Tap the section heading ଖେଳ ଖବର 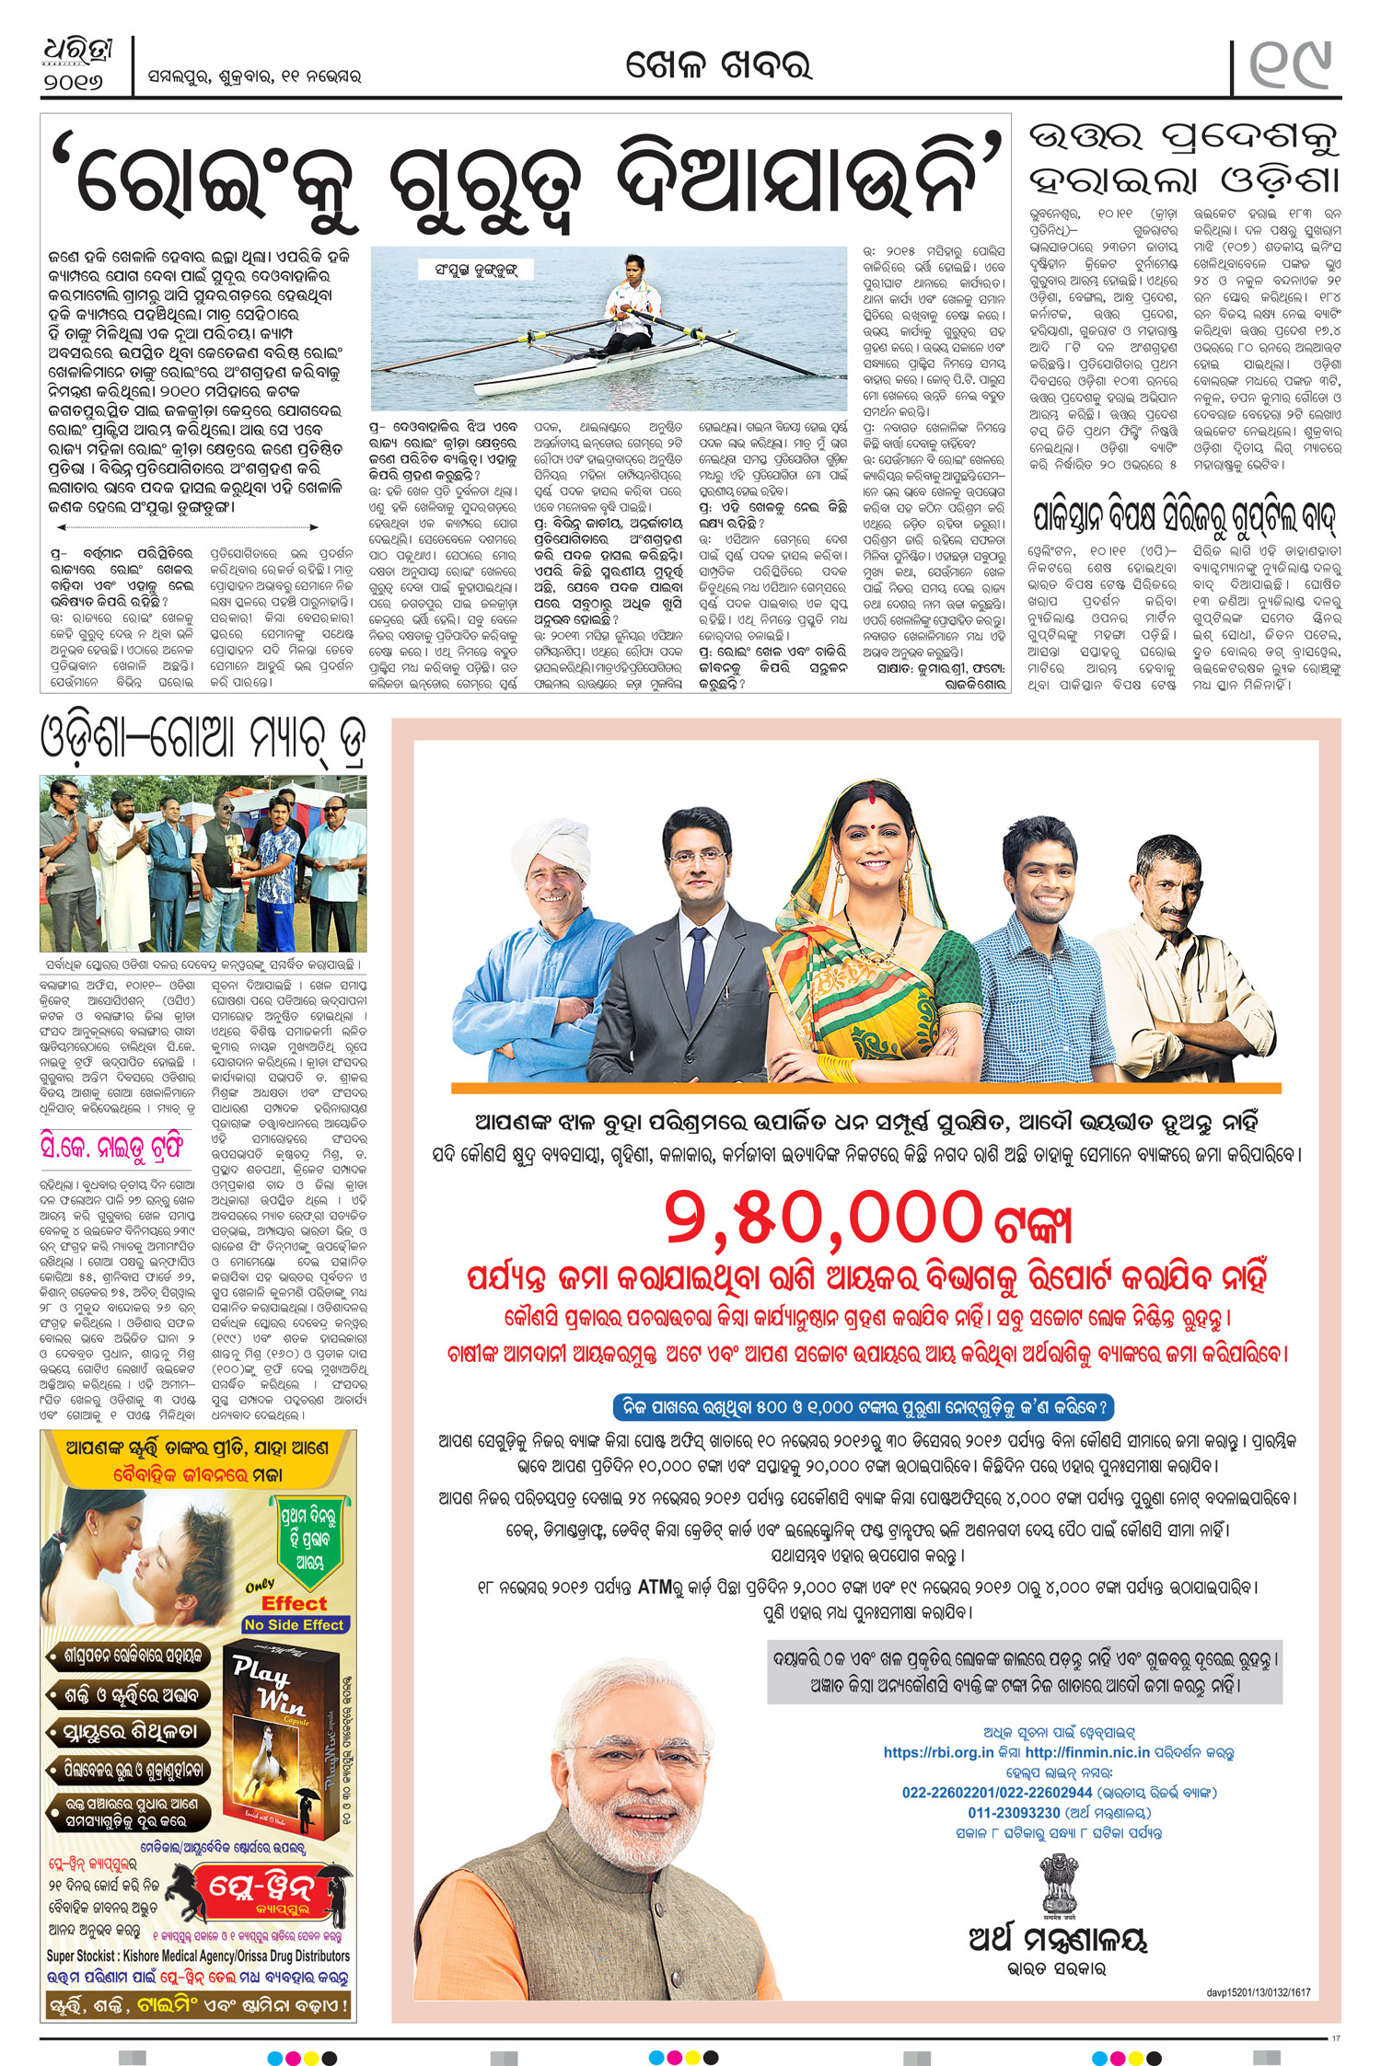tap(718, 66)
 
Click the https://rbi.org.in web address tap(938, 1753)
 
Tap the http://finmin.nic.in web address tap(1087, 1753)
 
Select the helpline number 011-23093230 tap(1014, 1812)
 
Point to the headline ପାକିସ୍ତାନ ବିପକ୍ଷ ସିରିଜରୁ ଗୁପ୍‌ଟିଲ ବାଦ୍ tap(1184, 515)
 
